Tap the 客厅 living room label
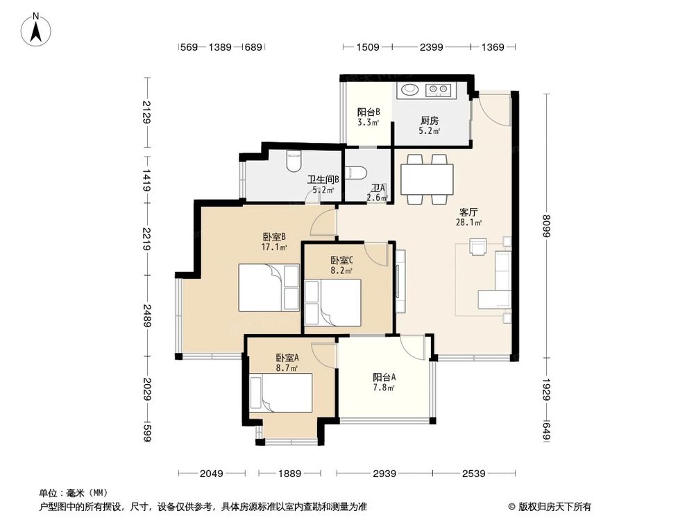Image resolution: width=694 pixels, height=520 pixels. pos(467,211)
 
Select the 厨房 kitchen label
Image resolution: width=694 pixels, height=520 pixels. pos(429,119)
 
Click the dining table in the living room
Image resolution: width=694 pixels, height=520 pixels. pos(428,180)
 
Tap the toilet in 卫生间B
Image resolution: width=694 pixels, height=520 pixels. pos(294,161)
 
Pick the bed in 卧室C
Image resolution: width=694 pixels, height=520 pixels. pos(332,302)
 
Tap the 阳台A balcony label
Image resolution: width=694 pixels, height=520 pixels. pos(384,378)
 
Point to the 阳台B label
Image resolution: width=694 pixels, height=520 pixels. pos(368,112)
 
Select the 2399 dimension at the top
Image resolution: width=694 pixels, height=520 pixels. pos(431,47)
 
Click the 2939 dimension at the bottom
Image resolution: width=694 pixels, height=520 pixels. pos(384,474)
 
